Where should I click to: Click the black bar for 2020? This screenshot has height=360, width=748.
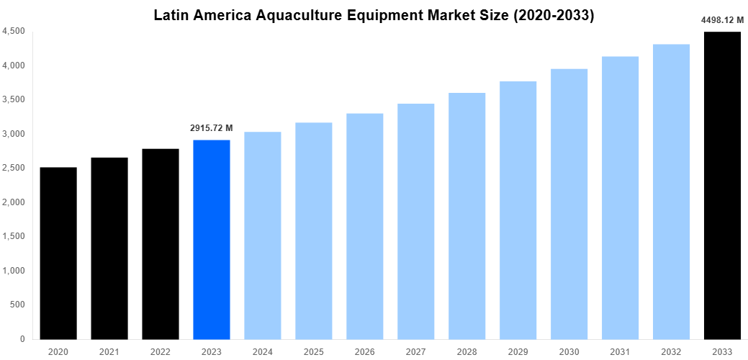[58, 253]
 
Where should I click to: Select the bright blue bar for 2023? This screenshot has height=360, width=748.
[212, 239]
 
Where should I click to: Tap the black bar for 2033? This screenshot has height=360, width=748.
[722, 185]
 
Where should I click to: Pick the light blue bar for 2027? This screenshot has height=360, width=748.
[416, 221]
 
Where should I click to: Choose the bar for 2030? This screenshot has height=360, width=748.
[569, 204]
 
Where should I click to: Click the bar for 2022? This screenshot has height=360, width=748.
[161, 243]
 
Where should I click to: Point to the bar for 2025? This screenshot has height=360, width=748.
[314, 230]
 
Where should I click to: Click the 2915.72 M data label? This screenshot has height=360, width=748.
[212, 127]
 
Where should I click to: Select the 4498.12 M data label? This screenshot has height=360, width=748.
[722, 20]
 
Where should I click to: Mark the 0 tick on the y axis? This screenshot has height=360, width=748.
[23, 339]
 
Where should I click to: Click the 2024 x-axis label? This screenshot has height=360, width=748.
[263, 351]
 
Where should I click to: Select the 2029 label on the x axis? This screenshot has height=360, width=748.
[518, 351]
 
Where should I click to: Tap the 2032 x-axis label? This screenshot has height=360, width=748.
[671, 351]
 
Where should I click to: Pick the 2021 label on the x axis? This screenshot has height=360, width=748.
[109, 351]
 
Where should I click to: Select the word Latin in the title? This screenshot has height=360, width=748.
[171, 15]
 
